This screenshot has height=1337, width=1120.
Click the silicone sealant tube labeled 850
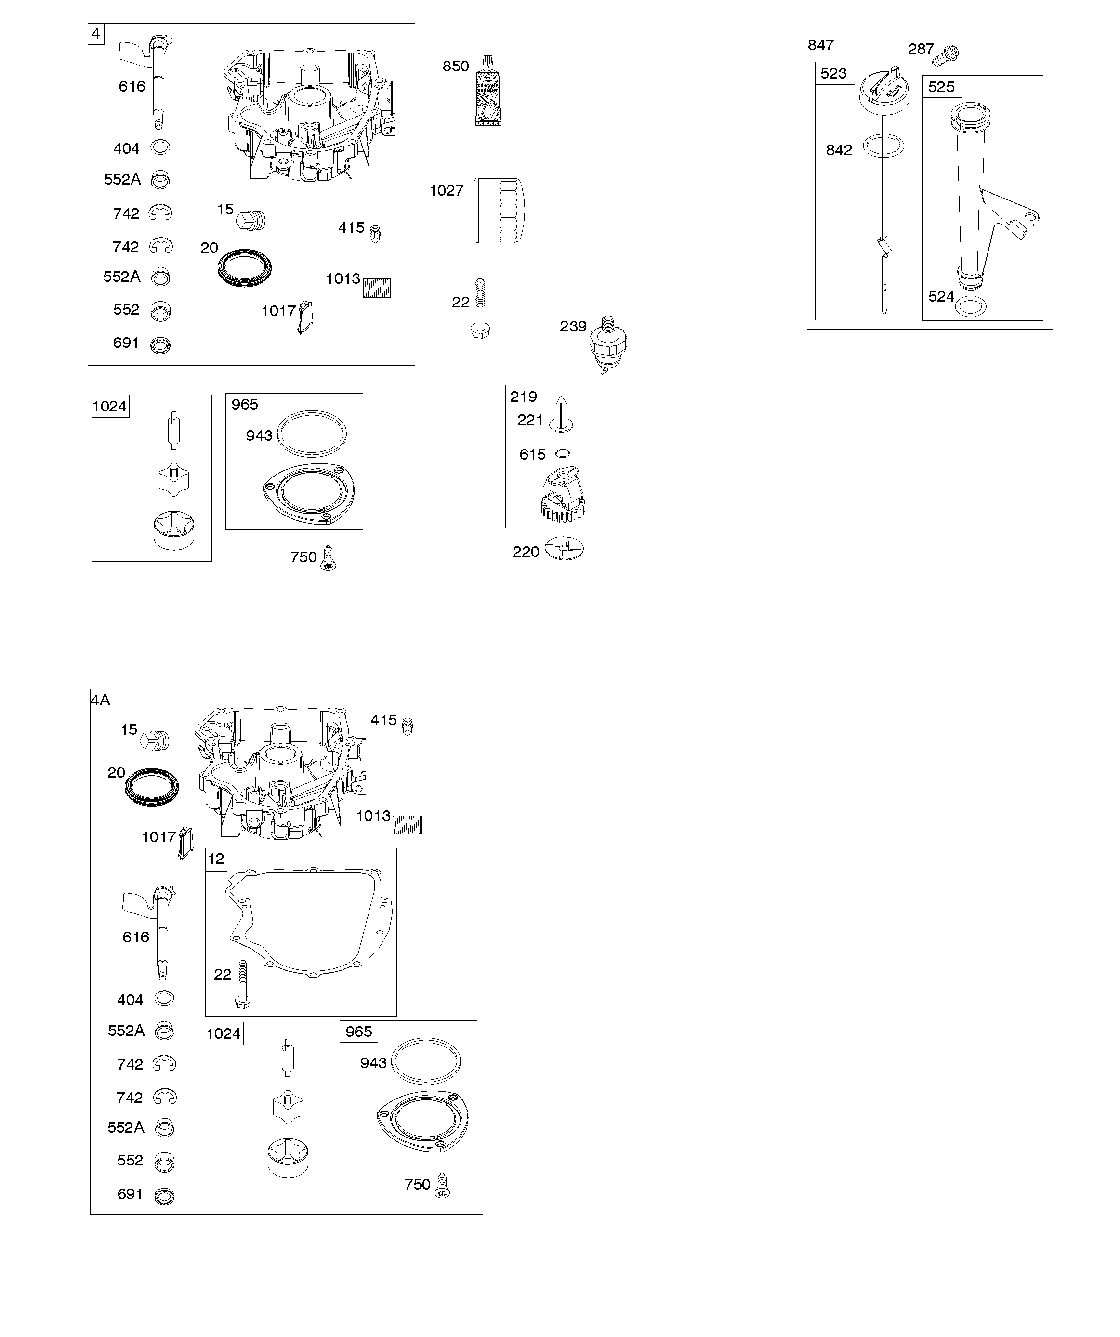coord(488,91)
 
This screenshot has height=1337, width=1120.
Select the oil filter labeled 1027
coord(500,210)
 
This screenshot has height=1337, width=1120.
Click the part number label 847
coord(821,44)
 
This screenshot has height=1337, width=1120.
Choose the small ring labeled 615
coord(562,453)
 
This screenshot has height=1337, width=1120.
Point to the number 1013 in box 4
coord(343,279)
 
